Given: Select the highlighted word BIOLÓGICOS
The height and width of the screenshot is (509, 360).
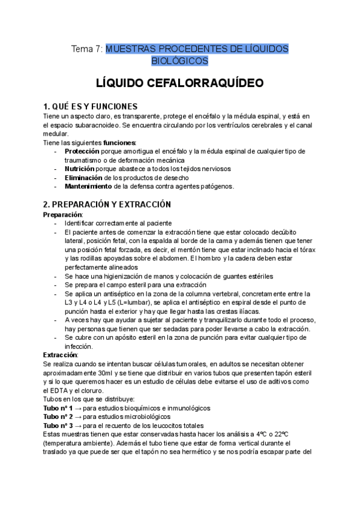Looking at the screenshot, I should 180,61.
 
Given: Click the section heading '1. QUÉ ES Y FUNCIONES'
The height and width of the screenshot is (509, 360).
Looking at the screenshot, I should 91,106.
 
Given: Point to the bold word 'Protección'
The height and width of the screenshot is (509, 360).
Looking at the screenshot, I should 83,151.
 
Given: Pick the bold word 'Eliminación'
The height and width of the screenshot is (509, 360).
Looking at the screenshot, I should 83,178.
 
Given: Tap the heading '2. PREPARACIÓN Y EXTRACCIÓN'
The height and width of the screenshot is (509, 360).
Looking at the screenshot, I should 107,204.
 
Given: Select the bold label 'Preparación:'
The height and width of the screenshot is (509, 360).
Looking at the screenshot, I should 64,214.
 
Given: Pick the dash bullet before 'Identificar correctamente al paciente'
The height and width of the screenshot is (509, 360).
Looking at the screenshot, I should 55,223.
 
